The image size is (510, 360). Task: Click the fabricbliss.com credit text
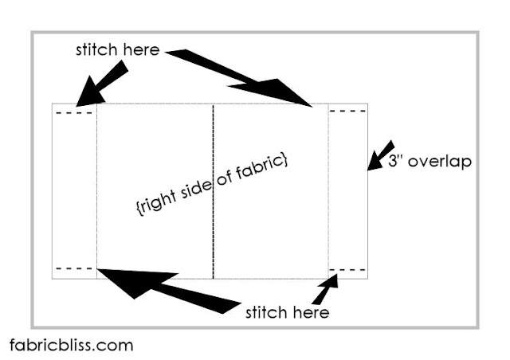(x=72, y=346)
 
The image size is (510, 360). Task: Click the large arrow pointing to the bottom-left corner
(x=159, y=286)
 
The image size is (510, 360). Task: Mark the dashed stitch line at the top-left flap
(x=75, y=113)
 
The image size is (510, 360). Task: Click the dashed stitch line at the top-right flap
(x=348, y=113)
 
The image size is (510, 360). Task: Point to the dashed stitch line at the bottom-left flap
(x=75, y=268)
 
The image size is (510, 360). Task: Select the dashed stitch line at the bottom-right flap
(x=348, y=268)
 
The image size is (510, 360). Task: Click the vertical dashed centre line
(x=214, y=191)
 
